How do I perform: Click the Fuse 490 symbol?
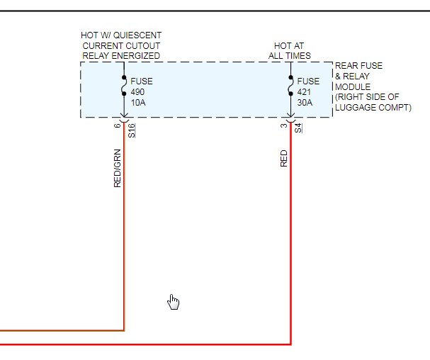click(x=124, y=86)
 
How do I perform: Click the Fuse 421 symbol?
click(x=290, y=86)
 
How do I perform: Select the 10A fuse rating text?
click(x=139, y=101)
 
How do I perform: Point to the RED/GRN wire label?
click(x=118, y=168)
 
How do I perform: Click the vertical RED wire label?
click(x=284, y=158)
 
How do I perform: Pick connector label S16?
click(x=132, y=130)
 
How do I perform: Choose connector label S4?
click(x=298, y=128)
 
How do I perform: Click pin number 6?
click(x=118, y=125)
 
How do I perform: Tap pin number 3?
click(x=284, y=125)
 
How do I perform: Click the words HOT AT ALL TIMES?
click(x=289, y=51)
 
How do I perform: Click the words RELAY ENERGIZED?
click(x=121, y=55)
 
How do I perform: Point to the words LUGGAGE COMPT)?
click(x=373, y=108)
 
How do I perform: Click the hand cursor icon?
click(x=173, y=302)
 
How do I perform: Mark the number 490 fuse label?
click(x=137, y=91)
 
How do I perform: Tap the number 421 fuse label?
click(x=305, y=91)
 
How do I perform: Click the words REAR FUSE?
click(x=358, y=66)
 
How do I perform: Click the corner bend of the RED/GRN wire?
click(x=124, y=330)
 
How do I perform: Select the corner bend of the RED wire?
click(x=290, y=344)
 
